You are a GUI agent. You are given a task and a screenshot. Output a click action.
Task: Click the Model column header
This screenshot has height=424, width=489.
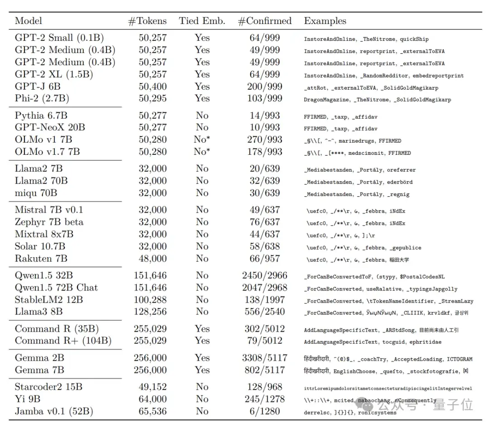click(x=29, y=21)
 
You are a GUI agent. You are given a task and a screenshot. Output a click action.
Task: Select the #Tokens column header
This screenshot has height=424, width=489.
click(x=148, y=21)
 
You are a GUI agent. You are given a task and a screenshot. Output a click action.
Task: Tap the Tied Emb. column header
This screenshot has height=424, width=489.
click(x=201, y=21)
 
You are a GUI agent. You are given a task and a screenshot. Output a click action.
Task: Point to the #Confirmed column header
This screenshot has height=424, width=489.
click(x=265, y=21)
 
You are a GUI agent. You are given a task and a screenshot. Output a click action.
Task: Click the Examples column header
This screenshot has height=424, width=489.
click(x=325, y=21)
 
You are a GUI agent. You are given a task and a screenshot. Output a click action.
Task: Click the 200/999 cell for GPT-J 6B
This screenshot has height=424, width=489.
click(x=265, y=86)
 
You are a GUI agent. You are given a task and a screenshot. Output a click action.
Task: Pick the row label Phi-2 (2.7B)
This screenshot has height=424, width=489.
click(x=42, y=99)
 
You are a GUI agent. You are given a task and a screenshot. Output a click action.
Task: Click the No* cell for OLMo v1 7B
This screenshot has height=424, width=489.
click(x=202, y=140)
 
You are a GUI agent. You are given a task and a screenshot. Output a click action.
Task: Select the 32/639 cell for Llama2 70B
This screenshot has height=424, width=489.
click(x=265, y=181)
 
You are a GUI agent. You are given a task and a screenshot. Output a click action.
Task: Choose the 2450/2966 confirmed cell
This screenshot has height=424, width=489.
click(x=265, y=276)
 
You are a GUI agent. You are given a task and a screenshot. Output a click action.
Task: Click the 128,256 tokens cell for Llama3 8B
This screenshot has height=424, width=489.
click(x=150, y=312)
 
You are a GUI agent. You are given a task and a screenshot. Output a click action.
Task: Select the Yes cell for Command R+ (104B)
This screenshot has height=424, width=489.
click(x=202, y=341)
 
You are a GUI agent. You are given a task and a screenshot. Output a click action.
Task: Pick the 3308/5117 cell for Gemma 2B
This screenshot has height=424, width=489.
click(x=265, y=358)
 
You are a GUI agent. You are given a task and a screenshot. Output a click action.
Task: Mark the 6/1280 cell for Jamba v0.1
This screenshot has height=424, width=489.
click(x=265, y=411)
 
